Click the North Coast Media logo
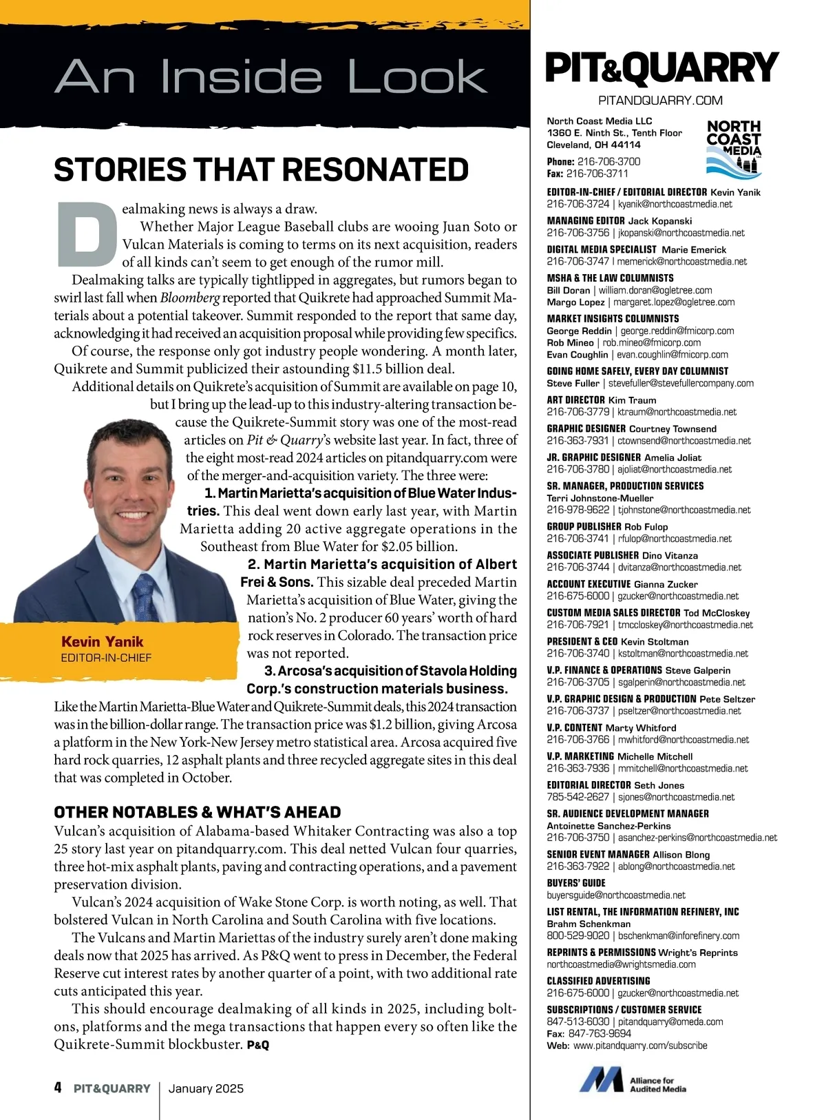point(734,146)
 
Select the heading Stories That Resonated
point(262,170)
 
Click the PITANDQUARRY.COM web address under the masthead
point(660,101)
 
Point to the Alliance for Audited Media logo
point(633,1080)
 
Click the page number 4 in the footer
point(58,1088)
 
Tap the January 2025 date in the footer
point(206,1088)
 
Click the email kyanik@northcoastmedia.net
point(675,205)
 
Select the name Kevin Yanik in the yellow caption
point(103,641)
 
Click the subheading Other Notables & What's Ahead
point(198,812)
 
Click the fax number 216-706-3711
point(597,174)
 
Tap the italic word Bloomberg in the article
point(190,298)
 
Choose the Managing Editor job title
point(586,221)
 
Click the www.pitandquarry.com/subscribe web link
point(640,1046)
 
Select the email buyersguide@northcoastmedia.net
point(616,895)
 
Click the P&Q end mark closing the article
point(257,1045)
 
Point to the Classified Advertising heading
point(598,981)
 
